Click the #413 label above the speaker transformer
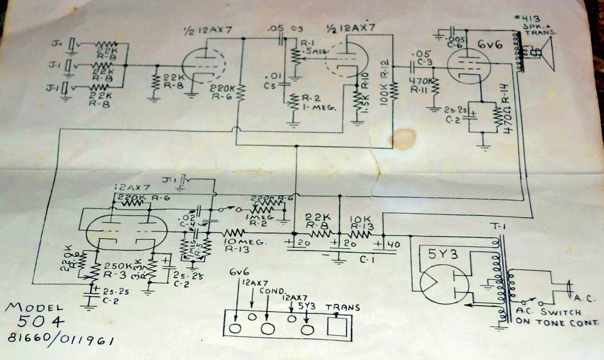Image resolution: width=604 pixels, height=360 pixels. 525,19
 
